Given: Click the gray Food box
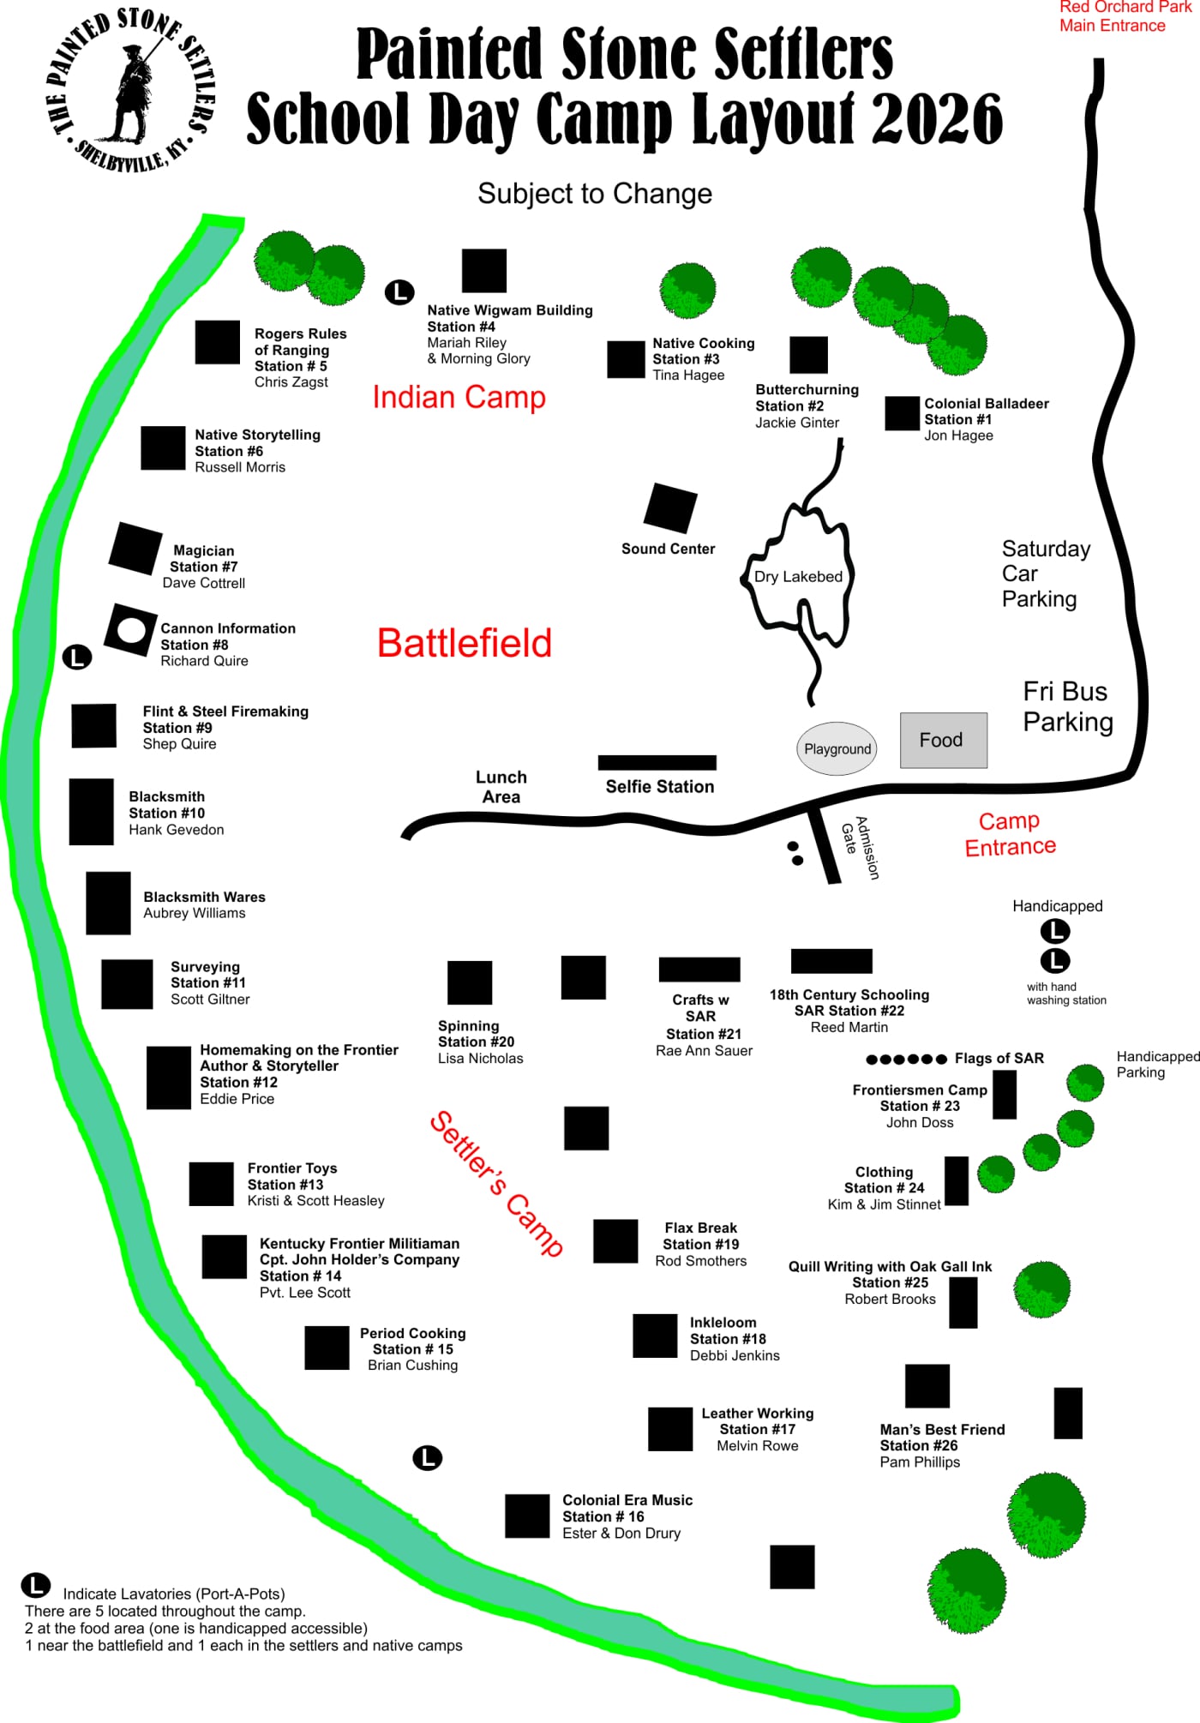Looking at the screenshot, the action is (943, 740).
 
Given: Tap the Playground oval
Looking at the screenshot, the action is (837, 748).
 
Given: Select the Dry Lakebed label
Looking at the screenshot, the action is (798, 577).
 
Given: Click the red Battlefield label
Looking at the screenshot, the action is (465, 643).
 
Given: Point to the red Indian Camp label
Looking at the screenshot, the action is (459, 397).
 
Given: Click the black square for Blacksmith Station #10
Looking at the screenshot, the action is (92, 812).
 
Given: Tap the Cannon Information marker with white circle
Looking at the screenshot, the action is (131, 630).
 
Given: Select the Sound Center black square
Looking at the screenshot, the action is (670, 507).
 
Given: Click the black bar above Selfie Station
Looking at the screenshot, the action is (657, 763).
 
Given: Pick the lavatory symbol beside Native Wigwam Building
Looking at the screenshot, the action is (399, 292).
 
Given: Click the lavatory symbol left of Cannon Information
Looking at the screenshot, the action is (77, 657).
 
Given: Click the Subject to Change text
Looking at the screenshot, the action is (595, 194).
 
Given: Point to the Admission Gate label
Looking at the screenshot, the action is (860, 847).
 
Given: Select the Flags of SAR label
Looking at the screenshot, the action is (999, 1059).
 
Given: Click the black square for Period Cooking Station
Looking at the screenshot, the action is (327, 1348).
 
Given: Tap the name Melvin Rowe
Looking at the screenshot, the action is (758, 1446).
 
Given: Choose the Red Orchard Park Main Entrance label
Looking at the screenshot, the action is (1124, 16).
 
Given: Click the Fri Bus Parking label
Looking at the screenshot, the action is (1068, 706).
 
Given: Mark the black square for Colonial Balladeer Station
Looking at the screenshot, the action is (903, 413).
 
